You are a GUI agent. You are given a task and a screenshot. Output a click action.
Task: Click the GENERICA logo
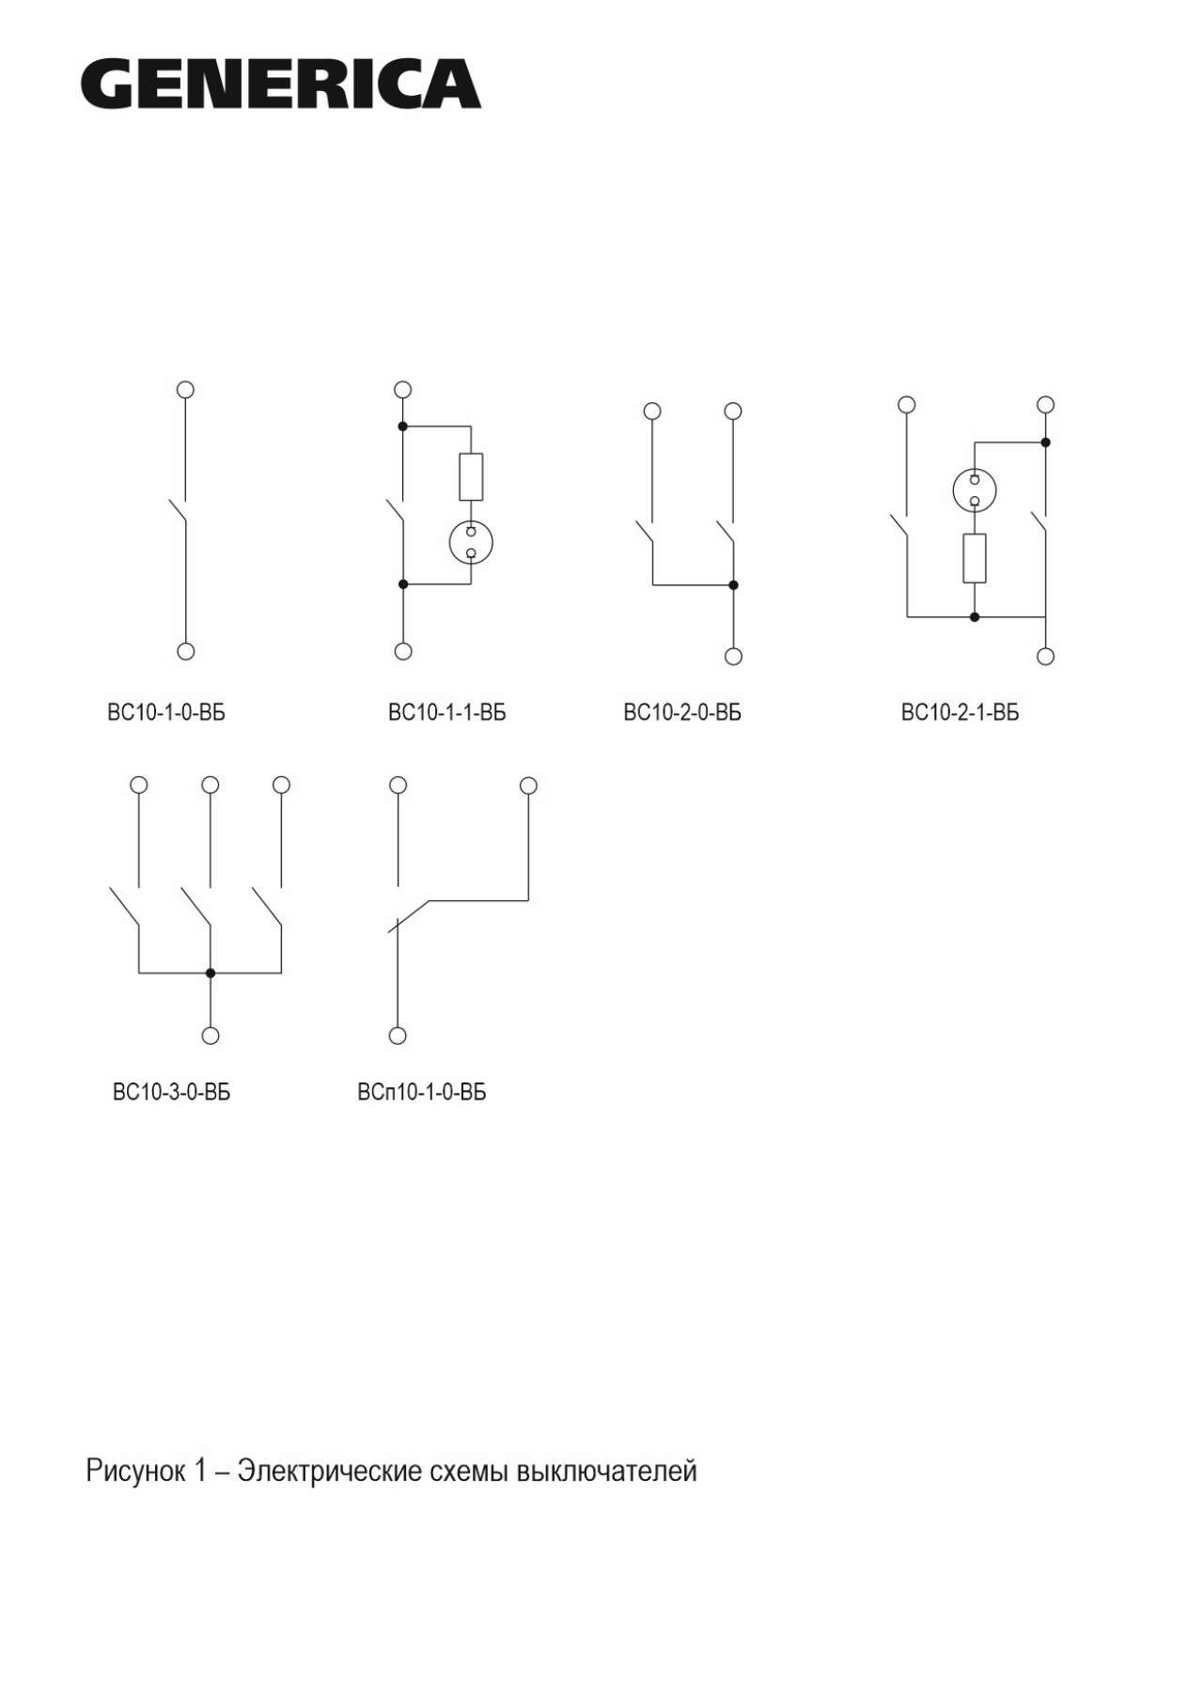[x=280, y=84]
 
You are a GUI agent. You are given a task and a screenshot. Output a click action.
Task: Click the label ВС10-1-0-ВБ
[x=166, y=712]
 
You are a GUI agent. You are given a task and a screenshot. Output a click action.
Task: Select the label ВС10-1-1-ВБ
[x=446, y=712]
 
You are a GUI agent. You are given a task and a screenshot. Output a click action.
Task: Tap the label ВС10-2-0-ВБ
[x=682, y=712]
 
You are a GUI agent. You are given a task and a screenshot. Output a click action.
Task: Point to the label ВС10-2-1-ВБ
[x=960, y=712]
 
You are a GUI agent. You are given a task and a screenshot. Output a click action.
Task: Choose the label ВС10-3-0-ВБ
[x=171, y=1092]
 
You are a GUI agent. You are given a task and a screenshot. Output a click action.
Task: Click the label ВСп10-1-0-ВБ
[x=422, y=1092]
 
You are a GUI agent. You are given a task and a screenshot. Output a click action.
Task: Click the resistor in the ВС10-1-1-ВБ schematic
[x=471, y=476]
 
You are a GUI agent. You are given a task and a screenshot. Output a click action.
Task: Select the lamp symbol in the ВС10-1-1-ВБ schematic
[x=471, y=542]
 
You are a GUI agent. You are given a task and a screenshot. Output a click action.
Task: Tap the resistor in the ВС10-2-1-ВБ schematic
[x=975, y=558]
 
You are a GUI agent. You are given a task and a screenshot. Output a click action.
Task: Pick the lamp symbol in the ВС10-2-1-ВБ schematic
[x=975, y=490]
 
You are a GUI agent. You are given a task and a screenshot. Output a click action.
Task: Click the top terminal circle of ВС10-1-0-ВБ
[x=186, y=389]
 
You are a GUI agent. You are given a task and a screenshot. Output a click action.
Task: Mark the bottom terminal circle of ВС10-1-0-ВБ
[x=186, y=651]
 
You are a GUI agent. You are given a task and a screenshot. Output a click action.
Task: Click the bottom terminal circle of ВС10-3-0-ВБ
[x=211, y=1035]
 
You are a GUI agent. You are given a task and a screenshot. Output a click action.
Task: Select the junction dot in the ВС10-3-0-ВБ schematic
[x=211, y=973]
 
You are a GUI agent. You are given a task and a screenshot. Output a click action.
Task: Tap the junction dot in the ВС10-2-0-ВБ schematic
[x=733, y=585]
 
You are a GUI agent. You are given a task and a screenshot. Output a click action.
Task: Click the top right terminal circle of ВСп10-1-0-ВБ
[x=528, y=785]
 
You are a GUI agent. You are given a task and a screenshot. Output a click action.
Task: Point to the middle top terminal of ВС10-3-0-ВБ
[x=211, y=784]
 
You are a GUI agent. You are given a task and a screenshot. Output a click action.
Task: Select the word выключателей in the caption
[x=607, y=1471]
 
